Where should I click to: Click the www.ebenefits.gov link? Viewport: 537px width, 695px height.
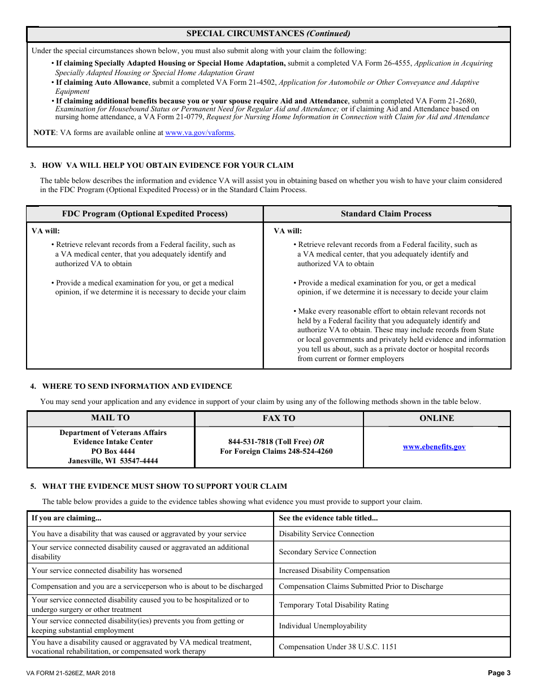click(434, 447)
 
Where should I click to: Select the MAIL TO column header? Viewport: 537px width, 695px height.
click(111, 418)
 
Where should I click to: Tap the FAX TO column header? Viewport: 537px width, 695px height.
click(278, 419)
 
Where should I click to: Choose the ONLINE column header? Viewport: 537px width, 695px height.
click(436, 419)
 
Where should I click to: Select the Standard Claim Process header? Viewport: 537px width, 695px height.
click(386, 214)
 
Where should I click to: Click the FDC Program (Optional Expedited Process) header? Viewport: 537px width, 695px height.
click(145, 214)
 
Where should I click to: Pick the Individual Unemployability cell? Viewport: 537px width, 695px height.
click(323, 626)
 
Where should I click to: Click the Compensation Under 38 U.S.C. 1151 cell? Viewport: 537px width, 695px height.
click(337, 647)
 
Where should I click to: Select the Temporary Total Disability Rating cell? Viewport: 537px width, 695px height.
click(334, 605)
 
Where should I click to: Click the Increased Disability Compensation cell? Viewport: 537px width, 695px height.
click(334, 571)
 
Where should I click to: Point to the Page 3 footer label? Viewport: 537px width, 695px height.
click(499, 673)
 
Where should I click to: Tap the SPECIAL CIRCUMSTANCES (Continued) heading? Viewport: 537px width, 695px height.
click(268, 34)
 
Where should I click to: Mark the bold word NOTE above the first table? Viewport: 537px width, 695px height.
click(45, 133)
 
